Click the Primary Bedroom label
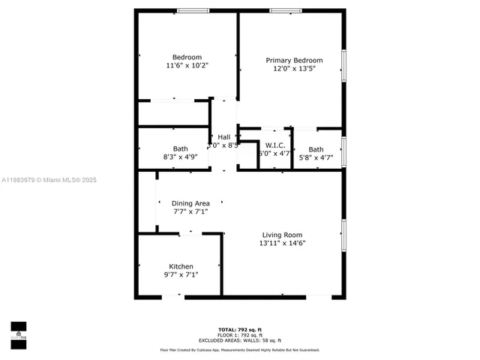tap(295, 61)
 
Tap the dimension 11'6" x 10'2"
tap(187, 66)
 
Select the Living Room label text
tap(282, 234)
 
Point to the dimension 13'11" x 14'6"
tap(282, 243)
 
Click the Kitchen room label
tap(181, 267)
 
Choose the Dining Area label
tap(190, 203)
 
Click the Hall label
tap(223, 137)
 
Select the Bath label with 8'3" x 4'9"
tap(181, 148)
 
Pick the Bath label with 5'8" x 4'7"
tap(316, 149)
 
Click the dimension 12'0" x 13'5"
tap(295, 69)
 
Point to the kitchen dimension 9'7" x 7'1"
tap(181, 275)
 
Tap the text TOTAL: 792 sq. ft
tap(239, 330)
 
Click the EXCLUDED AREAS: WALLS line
tap(239, 340)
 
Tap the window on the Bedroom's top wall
tap(187, 10)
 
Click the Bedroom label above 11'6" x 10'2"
tap(187, 58)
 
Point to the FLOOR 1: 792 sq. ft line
tap(239, 335)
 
